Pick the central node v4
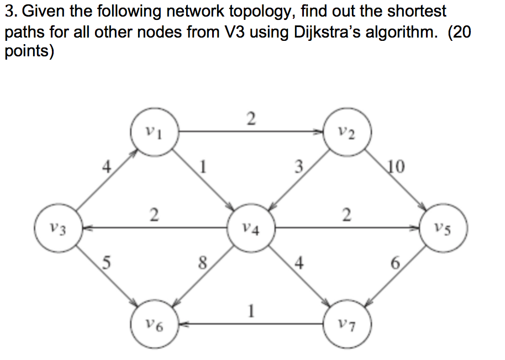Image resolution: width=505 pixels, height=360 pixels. tap(251, 227)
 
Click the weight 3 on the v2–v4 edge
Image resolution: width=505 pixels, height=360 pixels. tap(298, 166)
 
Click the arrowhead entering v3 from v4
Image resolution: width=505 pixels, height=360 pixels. tap(83, 227)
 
